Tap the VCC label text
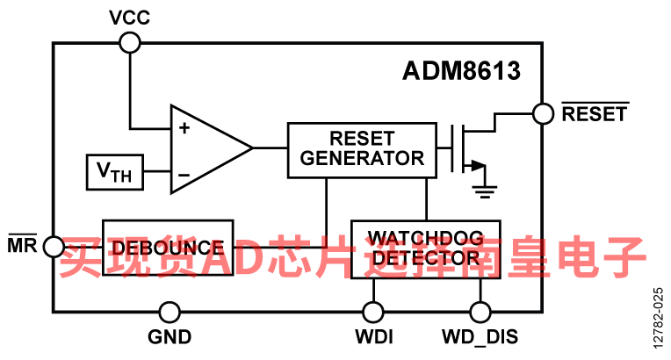click(129, 18)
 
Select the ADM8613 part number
click(461, 70)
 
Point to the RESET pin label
click(595, 113)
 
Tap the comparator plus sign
click(184, 128)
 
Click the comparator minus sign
click(184, 175)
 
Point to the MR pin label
click(22, 244)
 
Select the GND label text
click(170, 337)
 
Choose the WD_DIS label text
click(480, 337)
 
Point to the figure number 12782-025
click(658, 318)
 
